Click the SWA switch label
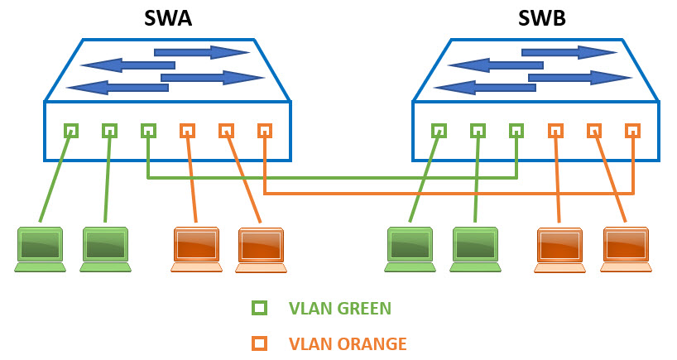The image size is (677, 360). coord(167,17)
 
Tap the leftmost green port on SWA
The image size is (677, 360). coord(71,131)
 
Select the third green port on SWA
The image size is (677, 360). coord(148,131)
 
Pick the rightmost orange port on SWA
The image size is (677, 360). coord(264,131)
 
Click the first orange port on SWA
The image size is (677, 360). coord(187,131)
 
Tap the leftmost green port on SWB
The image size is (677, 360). coord(439,131)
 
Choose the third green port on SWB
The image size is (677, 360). coord(516,131)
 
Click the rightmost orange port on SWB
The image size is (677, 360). coord(632,131)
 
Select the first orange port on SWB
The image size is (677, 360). coord(555,131)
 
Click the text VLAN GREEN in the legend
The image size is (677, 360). coord(339,309)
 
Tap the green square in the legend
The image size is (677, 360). coord(259,309)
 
